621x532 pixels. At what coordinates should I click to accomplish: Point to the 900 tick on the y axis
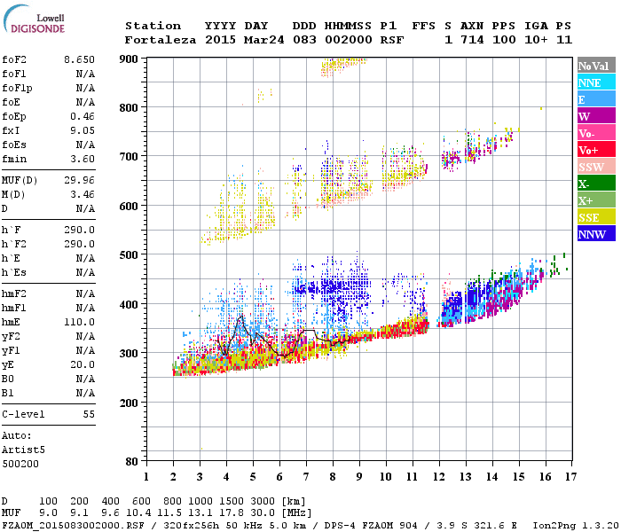pyautogui.click(x=130, y=59)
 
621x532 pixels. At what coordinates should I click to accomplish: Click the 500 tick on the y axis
pyautogui.click(x=130, y=255)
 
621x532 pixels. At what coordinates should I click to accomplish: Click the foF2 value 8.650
pyautogui.click(x=79, y=59)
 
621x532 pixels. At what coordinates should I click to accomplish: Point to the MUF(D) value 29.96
pyautogui.click(x=79, y=180)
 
